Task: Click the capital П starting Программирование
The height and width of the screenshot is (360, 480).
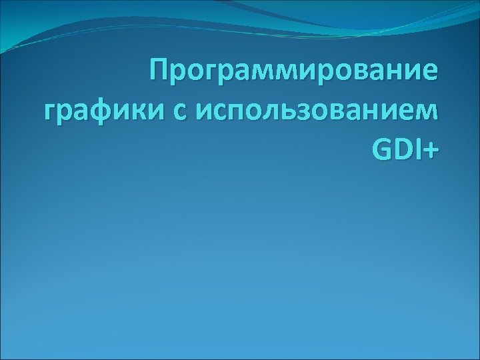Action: pyautogui.click(x=159, y=69)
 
